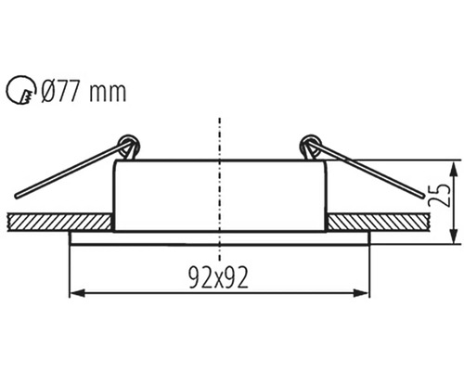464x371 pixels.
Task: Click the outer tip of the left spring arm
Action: (x=19, y=196)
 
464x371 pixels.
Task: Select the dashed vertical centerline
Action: (x=219, y=185)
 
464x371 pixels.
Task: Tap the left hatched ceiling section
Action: (x=58, y=222)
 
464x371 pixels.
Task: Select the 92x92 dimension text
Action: (x=219, y=276)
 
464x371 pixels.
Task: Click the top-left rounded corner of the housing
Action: (x=116, y=164)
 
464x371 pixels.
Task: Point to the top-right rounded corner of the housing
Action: (x=324, y=164)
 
